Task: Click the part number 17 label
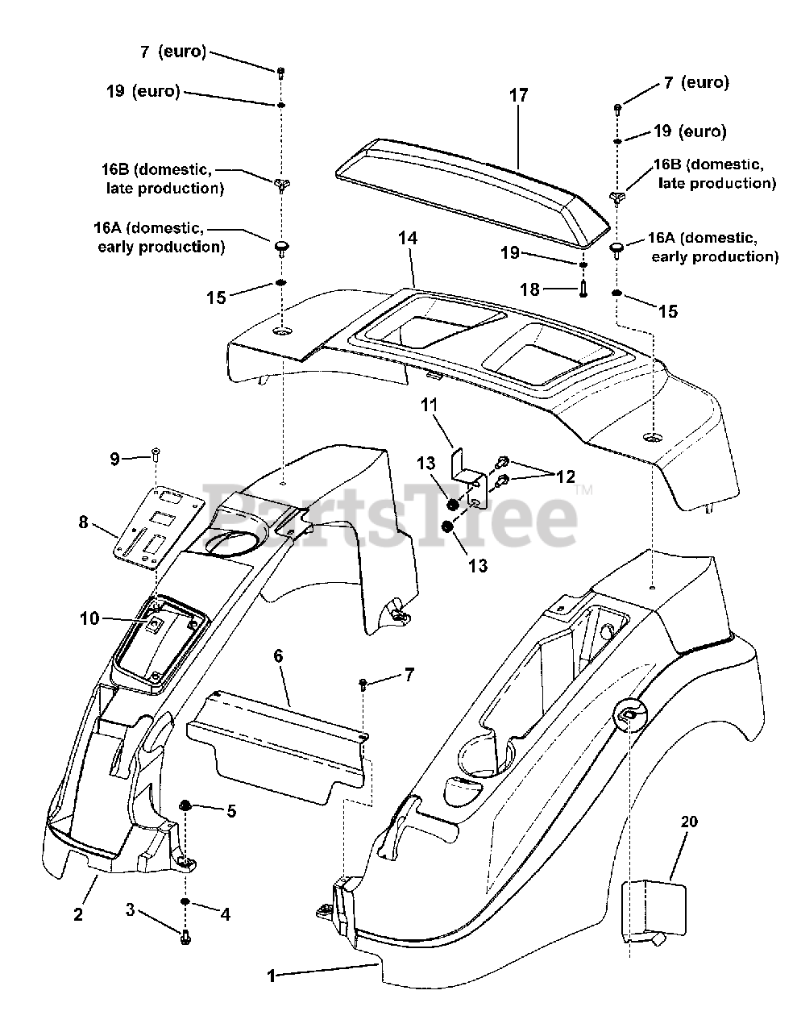coord(518,95)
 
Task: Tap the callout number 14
coord(407,238)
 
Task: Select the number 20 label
coord(689,821)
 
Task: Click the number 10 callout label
coord(89,618)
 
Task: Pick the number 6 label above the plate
coord(278,656)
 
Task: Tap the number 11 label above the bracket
coord(429,405)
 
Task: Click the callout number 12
coord(565,476)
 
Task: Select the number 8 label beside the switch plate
coord(84,522)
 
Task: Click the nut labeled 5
coord(185,805)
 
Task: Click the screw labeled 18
coord(583,289)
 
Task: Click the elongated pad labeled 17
coord(472,192)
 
